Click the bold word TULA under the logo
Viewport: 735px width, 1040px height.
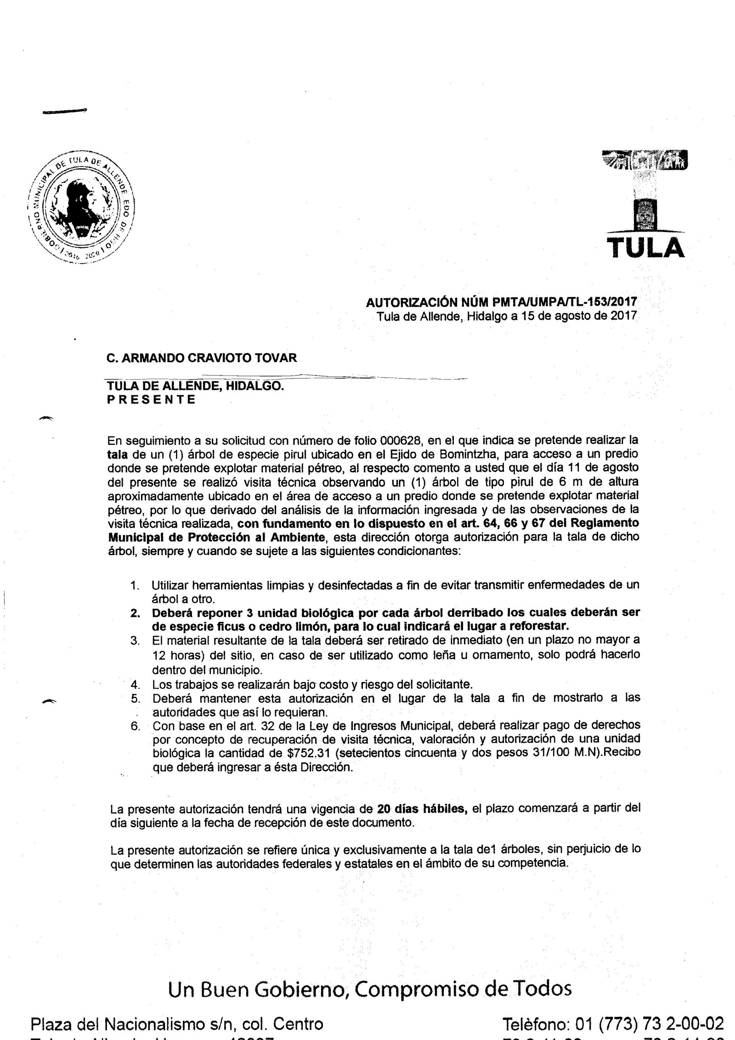[646, 248]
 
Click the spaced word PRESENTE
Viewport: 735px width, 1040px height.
[151, 399]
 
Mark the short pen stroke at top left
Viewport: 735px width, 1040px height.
[64, 110]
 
